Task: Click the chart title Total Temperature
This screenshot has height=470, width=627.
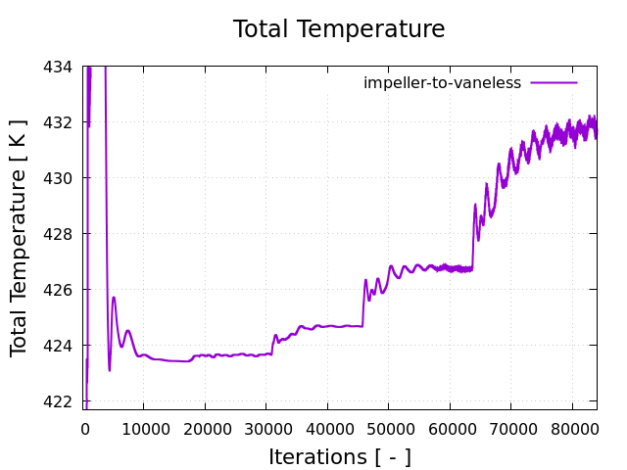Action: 338,29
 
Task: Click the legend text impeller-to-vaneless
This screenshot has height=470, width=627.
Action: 442,83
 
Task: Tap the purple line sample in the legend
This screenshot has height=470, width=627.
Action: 555,83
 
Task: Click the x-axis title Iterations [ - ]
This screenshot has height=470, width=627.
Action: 340,456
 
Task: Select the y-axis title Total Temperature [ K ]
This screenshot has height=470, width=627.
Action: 20,237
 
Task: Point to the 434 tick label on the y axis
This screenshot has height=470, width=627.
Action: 59,67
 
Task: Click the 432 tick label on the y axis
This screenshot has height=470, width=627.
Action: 59,122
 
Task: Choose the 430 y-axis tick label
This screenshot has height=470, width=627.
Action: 59,178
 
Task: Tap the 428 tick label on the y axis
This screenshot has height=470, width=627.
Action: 59,234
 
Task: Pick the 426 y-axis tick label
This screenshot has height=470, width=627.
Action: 59,290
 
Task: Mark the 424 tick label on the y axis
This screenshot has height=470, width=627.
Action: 59,346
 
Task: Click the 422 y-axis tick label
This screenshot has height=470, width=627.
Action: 59,401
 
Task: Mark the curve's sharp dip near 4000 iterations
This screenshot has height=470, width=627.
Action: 110,369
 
